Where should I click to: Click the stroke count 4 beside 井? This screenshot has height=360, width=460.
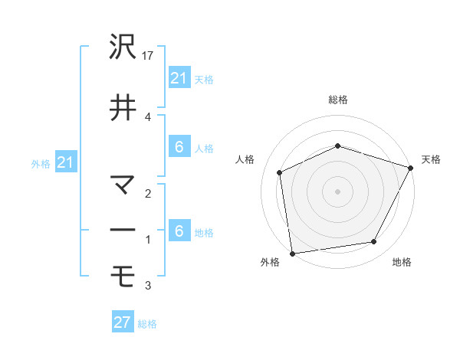tap(148, 117)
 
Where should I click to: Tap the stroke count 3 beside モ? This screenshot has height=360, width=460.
tap(148, 286)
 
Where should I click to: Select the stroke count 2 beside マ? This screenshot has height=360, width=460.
tap(148, 194)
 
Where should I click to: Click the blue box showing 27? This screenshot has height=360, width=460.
tap(123, 322)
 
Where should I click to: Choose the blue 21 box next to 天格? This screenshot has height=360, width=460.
tap(179, 78)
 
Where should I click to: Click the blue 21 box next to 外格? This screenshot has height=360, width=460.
tap(65, 162)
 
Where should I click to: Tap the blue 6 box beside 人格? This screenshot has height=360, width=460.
tap(179, 147)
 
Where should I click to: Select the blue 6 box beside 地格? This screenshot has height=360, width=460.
tap(179, 231)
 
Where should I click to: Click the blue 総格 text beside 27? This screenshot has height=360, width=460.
tap(147, 324)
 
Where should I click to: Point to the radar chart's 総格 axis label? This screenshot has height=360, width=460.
tap(338, 100)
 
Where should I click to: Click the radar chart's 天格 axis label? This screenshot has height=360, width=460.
tap(431, 159)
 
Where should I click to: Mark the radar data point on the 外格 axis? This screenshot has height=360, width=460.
tap(291, 252)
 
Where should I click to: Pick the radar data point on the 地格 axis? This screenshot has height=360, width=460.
tap(374, 242)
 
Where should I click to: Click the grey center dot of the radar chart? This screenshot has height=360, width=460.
tap(338, 191)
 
